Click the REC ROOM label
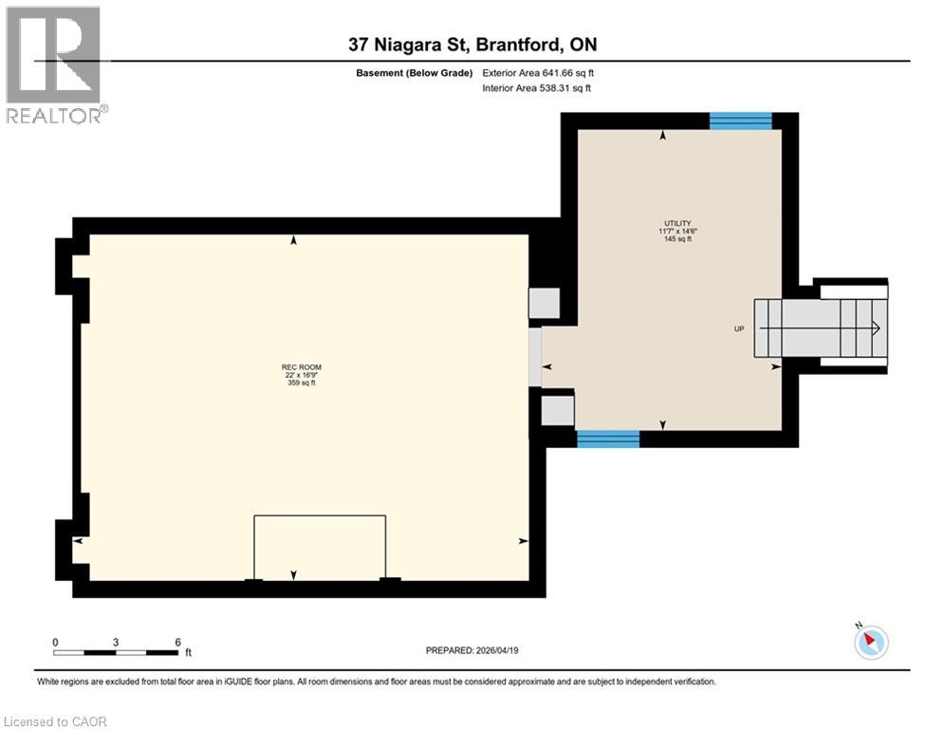click(x=294, y=366)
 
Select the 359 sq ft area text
click(x=294, y=383)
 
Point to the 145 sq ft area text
click(x=677, y=239)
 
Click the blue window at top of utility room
click(x=740, y=121)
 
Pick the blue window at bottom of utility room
click(x=607, y=439)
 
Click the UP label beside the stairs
click(x=739, y=328)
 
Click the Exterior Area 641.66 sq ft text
click(x=539, y=72)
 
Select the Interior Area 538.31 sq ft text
click(x=538, y=88)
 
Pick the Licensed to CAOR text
click(x=56, y=721)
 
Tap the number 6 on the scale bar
click(x=177, y=642)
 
